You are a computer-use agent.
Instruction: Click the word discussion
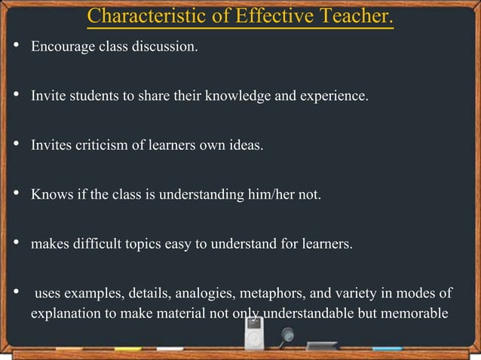coord(168,48)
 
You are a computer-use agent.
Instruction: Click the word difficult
coord(93,243)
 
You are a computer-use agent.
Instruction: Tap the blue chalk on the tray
coord(386,349)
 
